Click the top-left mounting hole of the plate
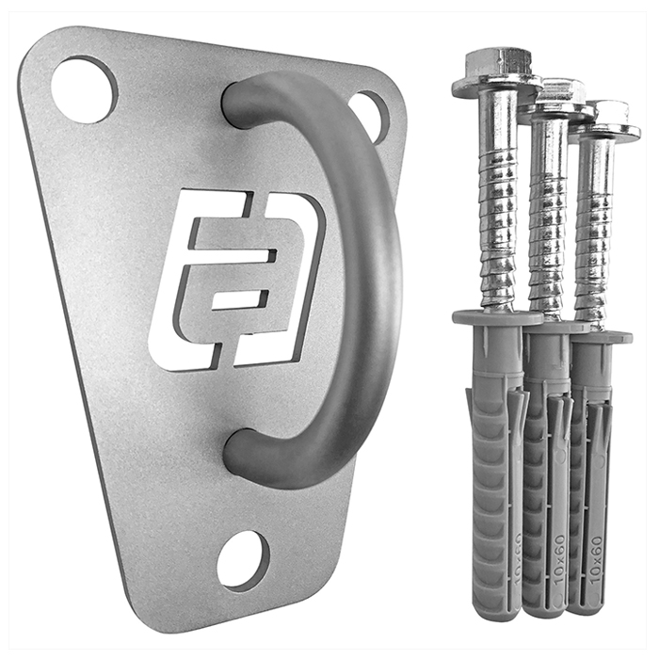pyautogui.click(x=85, y=89)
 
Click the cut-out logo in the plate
pyautogui.click(x=238, y=280)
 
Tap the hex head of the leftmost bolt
pyautogui.click(x=498, y=69)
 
